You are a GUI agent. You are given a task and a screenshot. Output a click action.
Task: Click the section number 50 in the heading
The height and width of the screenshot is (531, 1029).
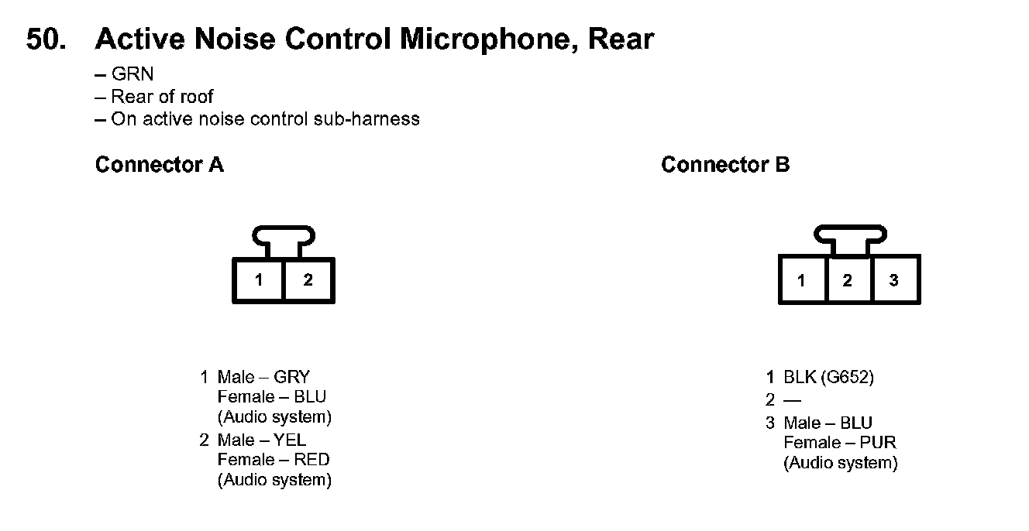coord(46,39)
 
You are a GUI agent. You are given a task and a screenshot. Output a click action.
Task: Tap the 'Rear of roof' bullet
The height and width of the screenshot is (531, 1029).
coord(154,97)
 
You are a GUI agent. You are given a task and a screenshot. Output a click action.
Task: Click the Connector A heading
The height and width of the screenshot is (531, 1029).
coord(159,165)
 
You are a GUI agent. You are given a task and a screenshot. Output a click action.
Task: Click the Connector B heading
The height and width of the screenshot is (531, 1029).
coord(725,165)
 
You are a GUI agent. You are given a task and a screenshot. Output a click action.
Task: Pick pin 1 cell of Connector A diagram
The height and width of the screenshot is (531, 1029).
coord(259,280)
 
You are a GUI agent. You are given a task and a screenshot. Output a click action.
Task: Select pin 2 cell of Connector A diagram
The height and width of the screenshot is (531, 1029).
coord(308,280)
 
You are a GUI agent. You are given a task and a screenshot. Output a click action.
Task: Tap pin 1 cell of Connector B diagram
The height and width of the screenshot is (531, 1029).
coord(801,280)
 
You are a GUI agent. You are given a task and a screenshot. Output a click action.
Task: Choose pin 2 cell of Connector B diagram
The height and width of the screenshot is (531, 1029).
coord(848,280)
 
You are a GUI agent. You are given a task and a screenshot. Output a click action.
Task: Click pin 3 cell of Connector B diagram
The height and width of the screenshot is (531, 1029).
coord(894,280)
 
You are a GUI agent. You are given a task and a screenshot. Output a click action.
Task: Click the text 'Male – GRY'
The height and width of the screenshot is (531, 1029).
coord(263,377)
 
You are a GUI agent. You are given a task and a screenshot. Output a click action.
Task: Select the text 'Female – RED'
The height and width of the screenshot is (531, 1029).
coord(273,460)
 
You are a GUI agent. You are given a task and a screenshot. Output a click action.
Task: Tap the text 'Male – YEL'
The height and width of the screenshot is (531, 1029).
coord(263,440)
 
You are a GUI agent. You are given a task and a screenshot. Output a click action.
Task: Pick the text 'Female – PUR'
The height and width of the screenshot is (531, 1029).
coord(840,443)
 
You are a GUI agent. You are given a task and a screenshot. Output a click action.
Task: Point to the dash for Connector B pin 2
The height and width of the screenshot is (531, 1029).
coord(792,400)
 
